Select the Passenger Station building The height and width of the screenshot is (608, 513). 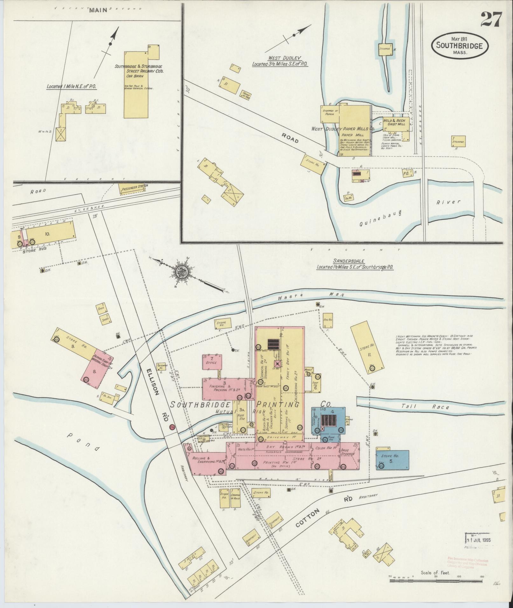pyautogui.click(x=133, y=188)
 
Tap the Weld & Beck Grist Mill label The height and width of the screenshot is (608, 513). pyautogui.click(x=394, y=122)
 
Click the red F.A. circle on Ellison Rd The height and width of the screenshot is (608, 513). pyautogui.click(x=172, y=427)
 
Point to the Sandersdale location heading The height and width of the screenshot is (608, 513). pyautogui.click(x=355, y=264)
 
